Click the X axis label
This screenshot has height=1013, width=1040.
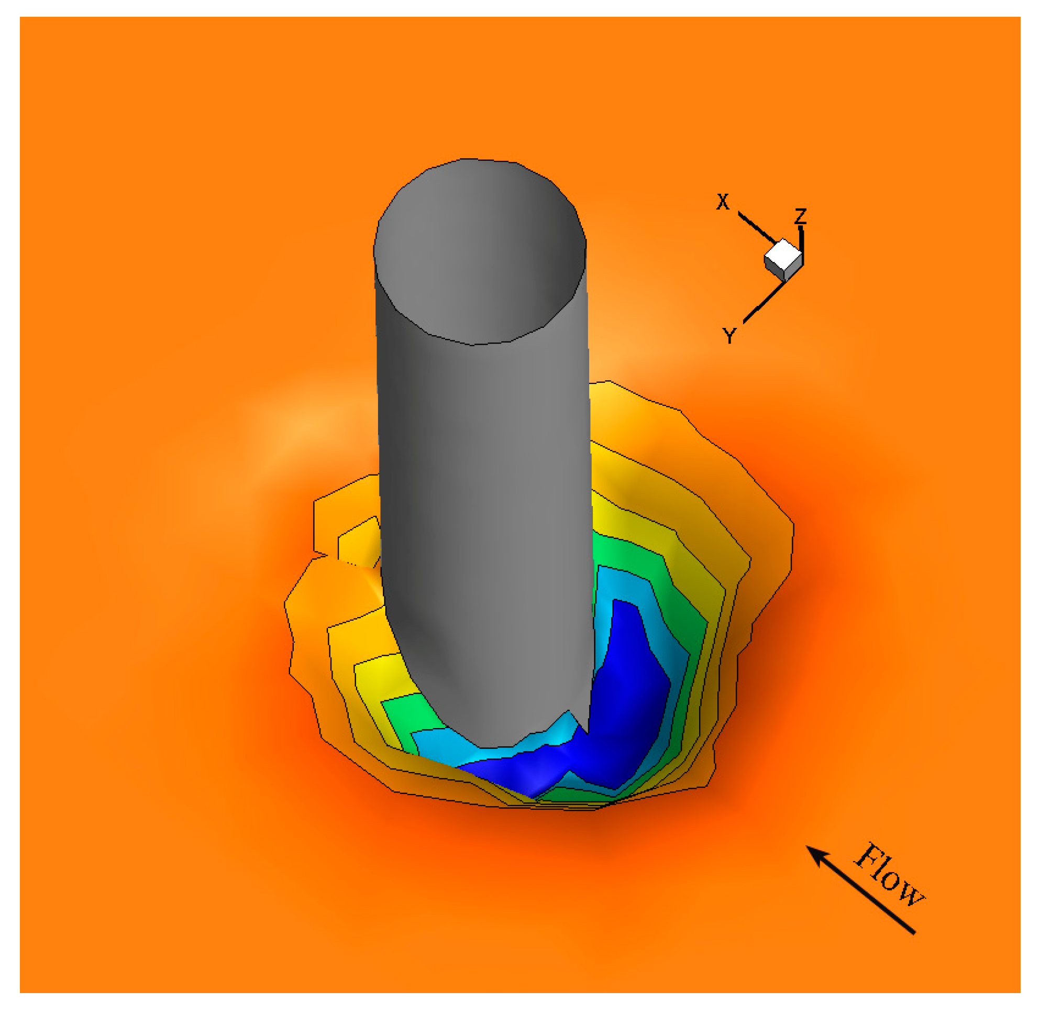pos(722,202)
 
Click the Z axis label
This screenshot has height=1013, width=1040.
pos(800,216)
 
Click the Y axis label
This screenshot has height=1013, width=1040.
pos(729,336)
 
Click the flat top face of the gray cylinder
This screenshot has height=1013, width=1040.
pos(479,250)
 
